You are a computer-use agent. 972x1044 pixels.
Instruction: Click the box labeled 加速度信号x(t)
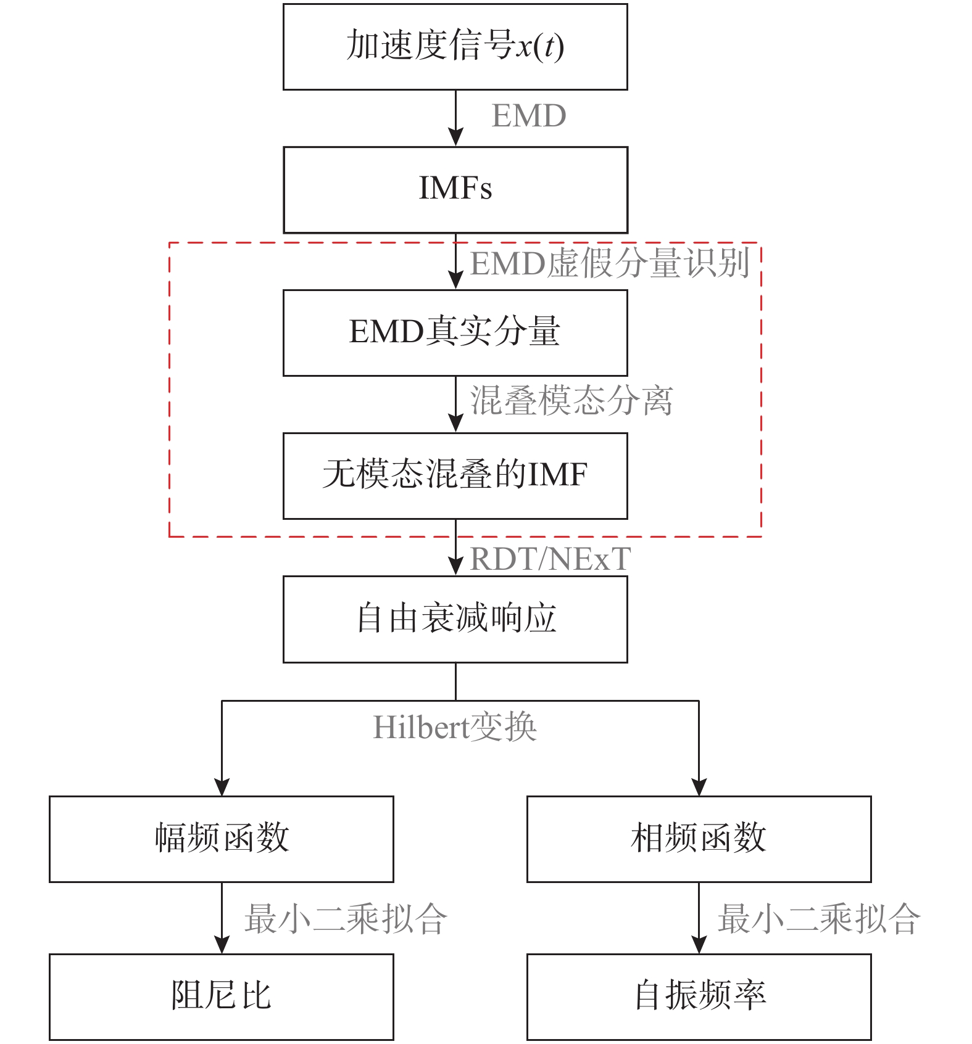click(x=455, y=47)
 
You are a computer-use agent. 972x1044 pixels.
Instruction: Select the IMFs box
click(x=455, y=189)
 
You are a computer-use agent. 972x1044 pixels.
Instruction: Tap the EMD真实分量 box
click(x=455, y=332)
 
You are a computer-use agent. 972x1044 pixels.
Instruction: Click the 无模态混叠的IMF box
click(x=455, y=475)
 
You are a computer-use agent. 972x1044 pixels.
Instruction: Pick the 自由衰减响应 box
click(x=455, y=619)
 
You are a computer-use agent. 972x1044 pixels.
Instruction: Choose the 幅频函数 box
click(x=221, y=839)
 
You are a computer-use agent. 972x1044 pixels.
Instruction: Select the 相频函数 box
click(x=699, y=839)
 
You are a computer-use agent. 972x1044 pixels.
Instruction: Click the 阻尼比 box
click(x=221, y=997)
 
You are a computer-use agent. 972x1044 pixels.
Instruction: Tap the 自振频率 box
click(x=699, y=997)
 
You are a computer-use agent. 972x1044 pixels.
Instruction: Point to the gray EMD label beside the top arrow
click(x=528, y=116)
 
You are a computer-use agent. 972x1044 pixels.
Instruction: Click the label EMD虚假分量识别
click(x=610, y=263)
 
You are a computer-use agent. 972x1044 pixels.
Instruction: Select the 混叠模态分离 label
click(x=571, y=401)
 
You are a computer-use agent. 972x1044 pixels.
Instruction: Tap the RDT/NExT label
click(x=550, y=559)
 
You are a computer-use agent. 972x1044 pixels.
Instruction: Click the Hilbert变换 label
click(x=455, y=728)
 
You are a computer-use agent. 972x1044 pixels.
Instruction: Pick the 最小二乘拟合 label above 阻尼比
click(x=346, y=919)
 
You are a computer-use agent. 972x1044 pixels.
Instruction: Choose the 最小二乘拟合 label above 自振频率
click(x=818, y=919)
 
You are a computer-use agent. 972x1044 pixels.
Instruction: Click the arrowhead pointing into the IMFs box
click(x=455, y=137)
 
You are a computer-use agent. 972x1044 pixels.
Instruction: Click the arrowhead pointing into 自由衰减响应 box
click(x=455, y=566)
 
